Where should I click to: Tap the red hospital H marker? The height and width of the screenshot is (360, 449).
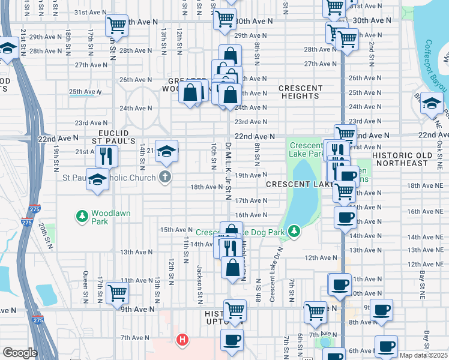[182, 340]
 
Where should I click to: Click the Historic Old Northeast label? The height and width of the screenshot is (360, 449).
[408, 159]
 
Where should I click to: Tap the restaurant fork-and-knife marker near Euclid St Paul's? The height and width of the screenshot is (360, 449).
[106, 155]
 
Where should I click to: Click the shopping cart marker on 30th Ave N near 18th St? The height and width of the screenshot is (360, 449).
[116, 25]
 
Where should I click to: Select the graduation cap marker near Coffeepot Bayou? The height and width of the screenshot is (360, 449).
[432, 104]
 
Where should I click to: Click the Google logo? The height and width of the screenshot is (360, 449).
[20, 353]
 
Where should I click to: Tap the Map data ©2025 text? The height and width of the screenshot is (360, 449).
[424, 355]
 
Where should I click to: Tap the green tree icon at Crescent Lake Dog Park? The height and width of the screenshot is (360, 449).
[294, 230]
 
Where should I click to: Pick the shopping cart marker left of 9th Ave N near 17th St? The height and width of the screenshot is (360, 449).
[116, 292]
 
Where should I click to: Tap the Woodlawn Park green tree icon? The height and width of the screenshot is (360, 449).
[82, 215]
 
